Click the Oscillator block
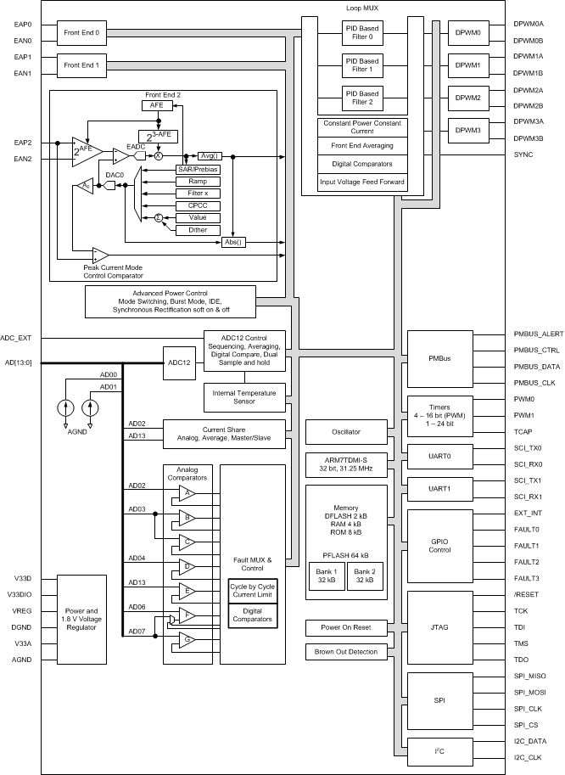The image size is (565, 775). click(x=345, y=432)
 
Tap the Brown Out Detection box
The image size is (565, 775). click(x=345, y=652)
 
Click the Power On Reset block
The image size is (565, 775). click(x=345, y=627)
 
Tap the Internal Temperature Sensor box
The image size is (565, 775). click(x=233, y=396)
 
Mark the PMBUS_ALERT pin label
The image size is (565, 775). click(x=539, y=334)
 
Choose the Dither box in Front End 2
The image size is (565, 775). click(x=198, y=230)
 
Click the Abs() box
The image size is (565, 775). click(x=232, y=242)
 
